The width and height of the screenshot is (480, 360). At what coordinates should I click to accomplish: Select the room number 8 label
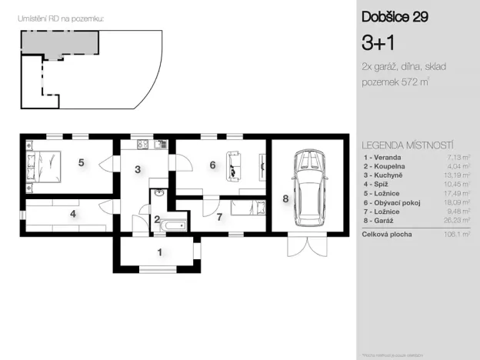point(285,199)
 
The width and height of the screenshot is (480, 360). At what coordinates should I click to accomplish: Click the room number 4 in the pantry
point(73,214)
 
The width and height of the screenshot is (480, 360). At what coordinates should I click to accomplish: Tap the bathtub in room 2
point(172,225)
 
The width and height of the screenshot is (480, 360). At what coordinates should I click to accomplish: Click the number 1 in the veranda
point(159,252)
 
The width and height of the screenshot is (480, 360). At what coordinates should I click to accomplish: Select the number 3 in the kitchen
point(138,169)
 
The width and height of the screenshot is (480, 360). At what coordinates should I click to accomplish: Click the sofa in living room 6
point(234,164)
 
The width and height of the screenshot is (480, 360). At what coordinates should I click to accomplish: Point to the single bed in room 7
point(249,206)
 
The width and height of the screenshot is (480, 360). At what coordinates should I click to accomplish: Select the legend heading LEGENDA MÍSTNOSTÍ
point(407,145)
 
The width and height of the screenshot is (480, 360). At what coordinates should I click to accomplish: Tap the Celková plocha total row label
point(387,234)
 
